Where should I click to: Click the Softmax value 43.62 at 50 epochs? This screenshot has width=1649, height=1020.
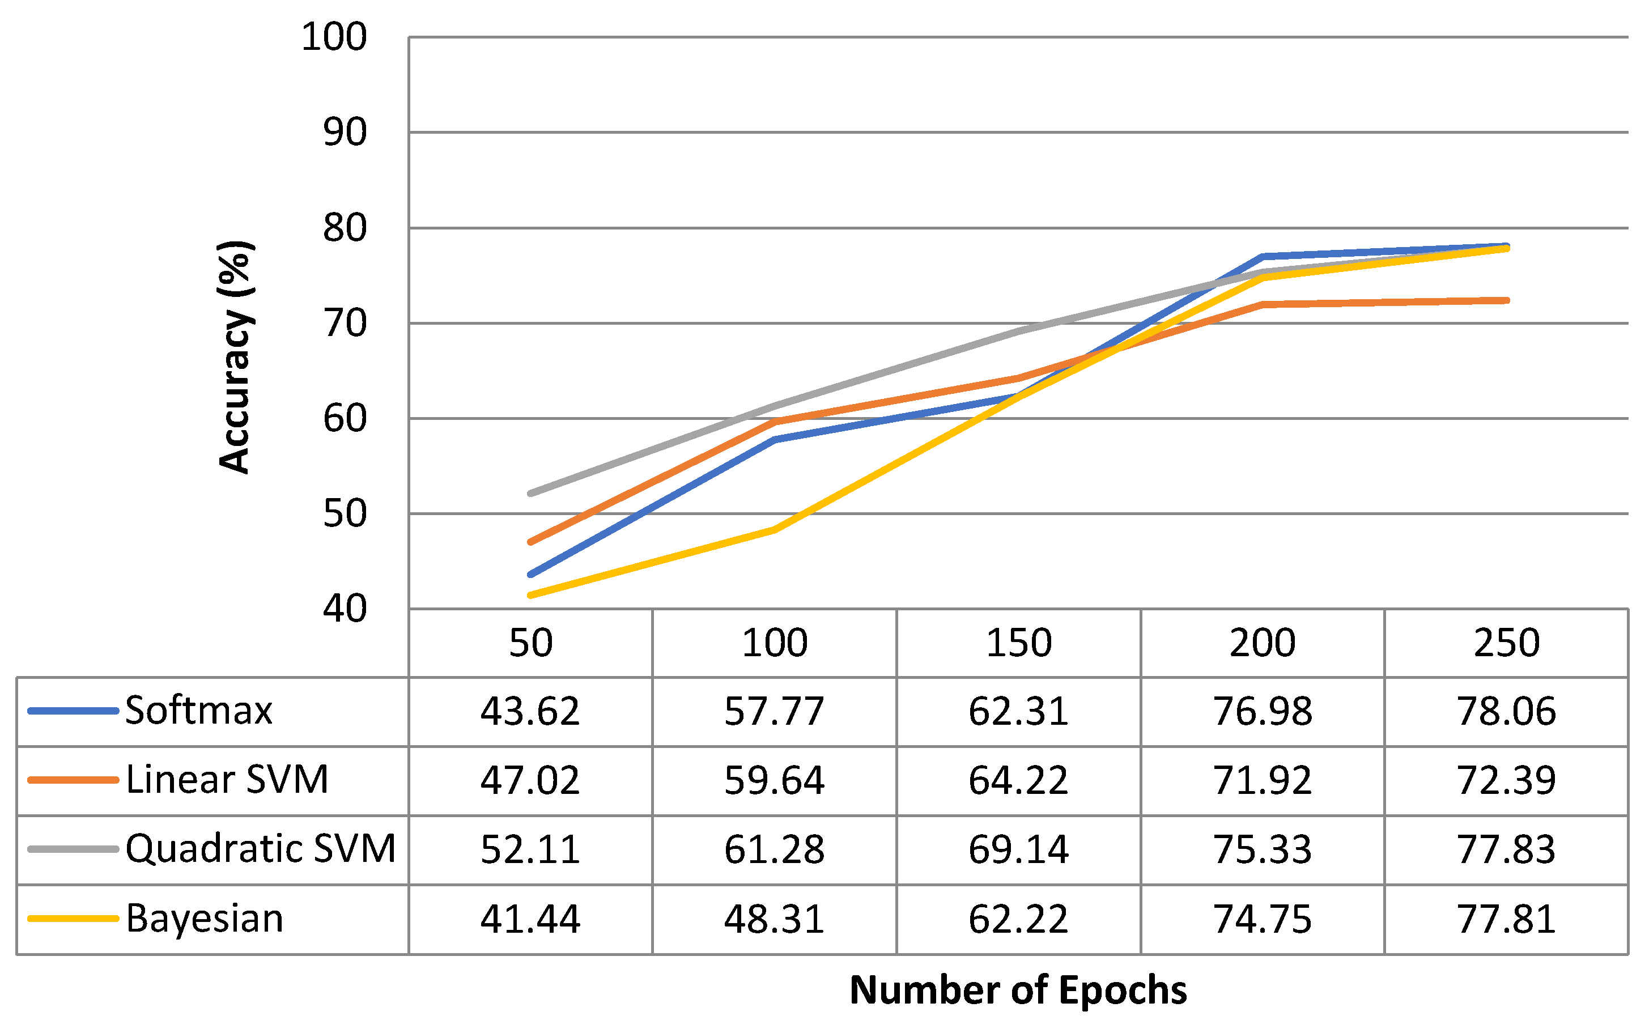click(530, 711)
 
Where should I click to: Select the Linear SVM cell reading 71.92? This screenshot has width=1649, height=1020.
click(1262, 780)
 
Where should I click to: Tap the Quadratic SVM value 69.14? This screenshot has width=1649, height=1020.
click(1018, 849)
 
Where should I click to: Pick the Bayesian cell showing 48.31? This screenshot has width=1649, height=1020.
click(774, 919)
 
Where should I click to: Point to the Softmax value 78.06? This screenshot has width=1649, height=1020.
click(1506, 711)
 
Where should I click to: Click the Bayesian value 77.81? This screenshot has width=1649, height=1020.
click(1506, 919)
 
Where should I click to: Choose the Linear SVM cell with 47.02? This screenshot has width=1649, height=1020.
click(530, 780)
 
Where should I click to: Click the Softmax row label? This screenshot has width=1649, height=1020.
click(198, 711)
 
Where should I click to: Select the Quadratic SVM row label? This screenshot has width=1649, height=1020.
click(260, 849)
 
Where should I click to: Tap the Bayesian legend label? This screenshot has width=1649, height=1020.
click(205, 918)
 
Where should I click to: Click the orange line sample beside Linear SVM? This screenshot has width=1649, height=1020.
click(73, 780)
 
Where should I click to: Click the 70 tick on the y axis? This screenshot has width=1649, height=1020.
click(345, 324)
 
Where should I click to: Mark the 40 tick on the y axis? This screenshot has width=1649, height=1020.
click(345, 609)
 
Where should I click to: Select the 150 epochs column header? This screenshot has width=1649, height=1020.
click(1018, 643)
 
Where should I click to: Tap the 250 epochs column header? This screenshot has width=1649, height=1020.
click(1506, 643)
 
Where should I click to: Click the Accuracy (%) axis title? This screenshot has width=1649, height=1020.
click(235, 358)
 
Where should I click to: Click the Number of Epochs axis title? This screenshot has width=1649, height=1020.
click(1018, 991)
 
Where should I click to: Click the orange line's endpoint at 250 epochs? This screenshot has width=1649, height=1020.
click(1506, 301)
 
